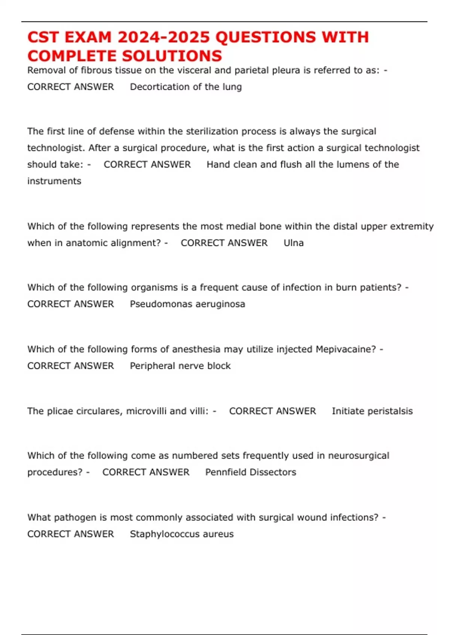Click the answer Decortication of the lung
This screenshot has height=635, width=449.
point(186,87)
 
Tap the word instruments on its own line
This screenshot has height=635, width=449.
point(54,181)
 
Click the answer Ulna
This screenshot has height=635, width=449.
point(293,243)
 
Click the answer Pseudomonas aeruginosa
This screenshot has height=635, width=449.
point(187,304)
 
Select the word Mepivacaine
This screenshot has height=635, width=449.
point(345,349)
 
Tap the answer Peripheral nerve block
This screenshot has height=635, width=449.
point(180,366)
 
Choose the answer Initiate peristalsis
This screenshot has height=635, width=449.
point(372,411)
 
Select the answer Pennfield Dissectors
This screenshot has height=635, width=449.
point(250,472)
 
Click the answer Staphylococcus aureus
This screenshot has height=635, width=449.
point(181,534)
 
